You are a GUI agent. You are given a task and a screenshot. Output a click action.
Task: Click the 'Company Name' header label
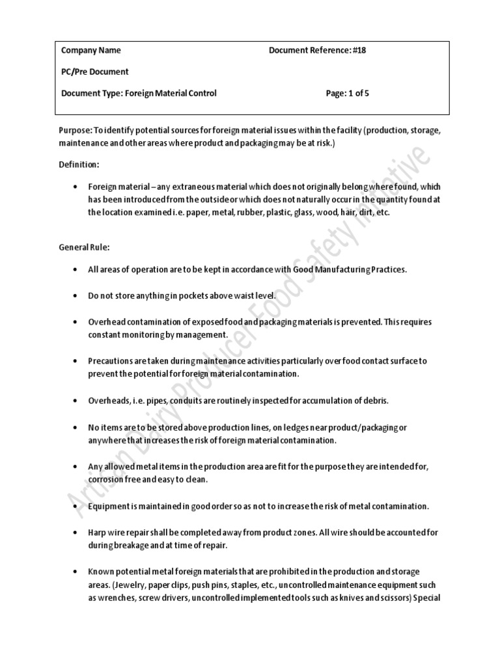pyautogui.click(x=91, y=50)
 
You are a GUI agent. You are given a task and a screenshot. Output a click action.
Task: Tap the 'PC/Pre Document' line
pyautogui.click(x=95, y=72)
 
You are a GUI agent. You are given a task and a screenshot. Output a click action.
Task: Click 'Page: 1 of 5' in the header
pyautogui.click(x=348, y=93)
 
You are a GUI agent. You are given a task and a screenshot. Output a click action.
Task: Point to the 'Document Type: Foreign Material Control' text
pyautogui.click(x=139, y=93)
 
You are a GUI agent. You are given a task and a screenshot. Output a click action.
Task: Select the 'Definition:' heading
pyautogui.click(x=79, y=165)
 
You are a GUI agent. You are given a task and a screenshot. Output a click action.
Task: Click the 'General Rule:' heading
pyautogui.click(x=84, y=247)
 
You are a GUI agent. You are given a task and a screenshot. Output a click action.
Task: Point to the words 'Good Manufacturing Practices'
pyautogui.click(x=352, y=269)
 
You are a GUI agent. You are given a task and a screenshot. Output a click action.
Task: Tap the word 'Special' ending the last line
pyautogui.click(x=428, y=598)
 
